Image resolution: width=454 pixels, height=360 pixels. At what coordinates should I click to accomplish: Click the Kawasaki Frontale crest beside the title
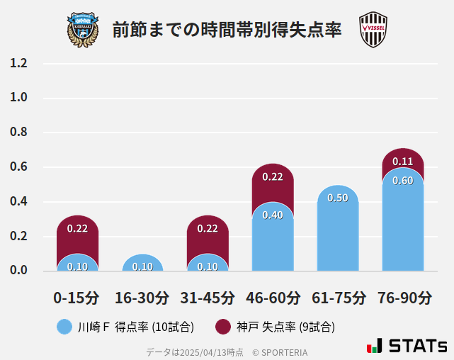tap(83, 30)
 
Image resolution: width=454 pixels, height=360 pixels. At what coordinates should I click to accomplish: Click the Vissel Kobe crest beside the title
tap(373, 30)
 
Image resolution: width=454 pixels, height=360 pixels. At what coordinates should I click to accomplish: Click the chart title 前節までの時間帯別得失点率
tap(227, 30)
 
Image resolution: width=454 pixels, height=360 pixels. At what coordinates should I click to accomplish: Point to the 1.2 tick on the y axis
tap(19, 64)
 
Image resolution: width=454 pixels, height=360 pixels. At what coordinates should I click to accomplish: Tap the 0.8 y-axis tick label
tap(19, 133)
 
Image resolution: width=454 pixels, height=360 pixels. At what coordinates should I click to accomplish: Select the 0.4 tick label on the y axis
tap(19, 202)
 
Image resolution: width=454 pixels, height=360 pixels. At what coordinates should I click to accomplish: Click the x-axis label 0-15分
tap(77, 297)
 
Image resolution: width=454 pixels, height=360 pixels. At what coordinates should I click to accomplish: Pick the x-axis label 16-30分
tap(142, 297)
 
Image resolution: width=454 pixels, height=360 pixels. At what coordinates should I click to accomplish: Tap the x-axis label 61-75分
tap(338, 297)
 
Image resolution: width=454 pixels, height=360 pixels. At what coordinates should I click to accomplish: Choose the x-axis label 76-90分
tap(403, 297)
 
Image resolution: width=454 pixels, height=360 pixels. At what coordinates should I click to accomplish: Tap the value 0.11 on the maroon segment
tap(402, 162)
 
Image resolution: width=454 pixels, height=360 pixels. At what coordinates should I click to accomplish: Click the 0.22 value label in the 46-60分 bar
tap(273, 177)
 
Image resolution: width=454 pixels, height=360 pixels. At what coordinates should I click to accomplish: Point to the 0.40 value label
tap(273, 215)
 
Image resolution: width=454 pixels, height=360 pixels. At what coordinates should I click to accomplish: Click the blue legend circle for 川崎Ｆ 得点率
tap(64, 327)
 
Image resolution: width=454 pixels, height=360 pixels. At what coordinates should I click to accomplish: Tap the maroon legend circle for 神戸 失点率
tap(223, 327)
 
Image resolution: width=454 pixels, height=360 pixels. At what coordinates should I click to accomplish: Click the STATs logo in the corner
tap(407, 346)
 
